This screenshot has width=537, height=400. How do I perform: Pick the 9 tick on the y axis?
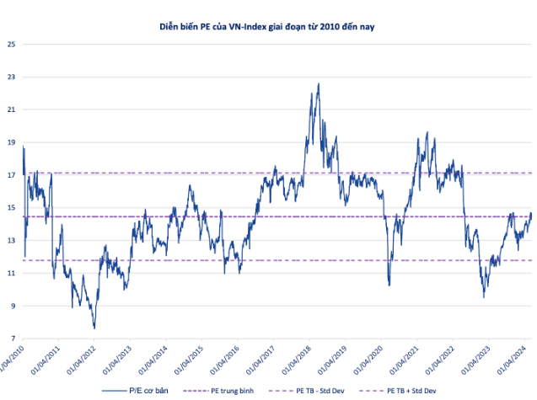click(11, 306)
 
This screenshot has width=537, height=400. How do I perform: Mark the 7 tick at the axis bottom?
click(11, 339)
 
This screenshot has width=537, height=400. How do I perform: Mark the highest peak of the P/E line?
click(319, 83)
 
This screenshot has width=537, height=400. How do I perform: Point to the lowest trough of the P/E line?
click(94, 328)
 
